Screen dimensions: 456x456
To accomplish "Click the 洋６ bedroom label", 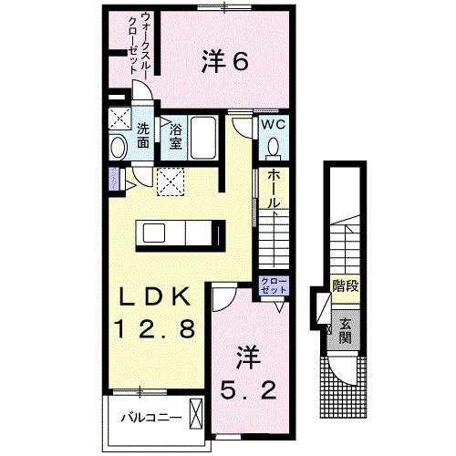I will coord(223,62).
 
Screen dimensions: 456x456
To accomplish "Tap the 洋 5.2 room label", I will coord(246,371).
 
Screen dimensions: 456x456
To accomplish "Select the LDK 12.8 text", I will coord(153,313).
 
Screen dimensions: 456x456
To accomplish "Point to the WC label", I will coord(274,123).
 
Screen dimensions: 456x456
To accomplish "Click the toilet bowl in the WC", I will coord(274,146).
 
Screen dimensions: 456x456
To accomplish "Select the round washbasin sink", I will coord(119,149).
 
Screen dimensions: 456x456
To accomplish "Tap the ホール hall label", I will coord(273,192).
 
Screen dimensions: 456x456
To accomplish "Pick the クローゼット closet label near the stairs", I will coord(271,285).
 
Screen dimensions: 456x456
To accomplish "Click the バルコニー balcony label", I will coord(151,419).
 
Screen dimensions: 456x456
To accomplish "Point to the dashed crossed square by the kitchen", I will coord(168,181).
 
